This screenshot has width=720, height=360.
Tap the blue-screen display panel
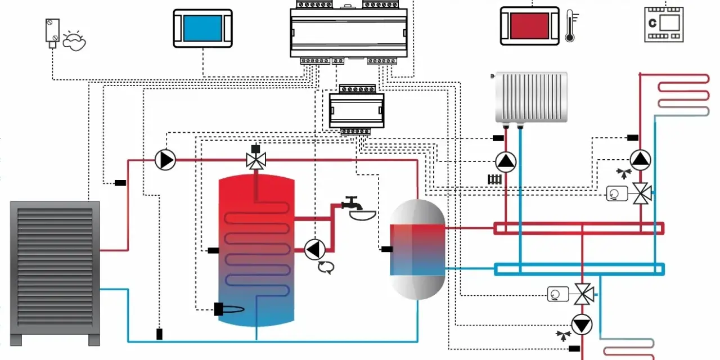point(203,28)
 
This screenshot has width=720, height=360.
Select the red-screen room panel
point(530,26)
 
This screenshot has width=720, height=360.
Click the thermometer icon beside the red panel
point(571,26)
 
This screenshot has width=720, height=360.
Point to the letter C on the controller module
point(652,23)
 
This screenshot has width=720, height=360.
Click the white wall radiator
point(531,98)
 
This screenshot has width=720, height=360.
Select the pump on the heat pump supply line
point(165,160)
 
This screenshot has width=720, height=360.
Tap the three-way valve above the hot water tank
point(256,157)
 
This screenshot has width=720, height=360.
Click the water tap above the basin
point(353,203)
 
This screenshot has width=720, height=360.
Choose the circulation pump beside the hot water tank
point(314,249)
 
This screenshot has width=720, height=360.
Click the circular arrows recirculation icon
point(326,267)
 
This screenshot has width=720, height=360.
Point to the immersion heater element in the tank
point(229,309)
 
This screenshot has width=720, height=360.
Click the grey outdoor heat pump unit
point(55,273)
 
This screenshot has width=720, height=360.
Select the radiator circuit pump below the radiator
point(506,162)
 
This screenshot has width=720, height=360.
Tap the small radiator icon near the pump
point(494,179)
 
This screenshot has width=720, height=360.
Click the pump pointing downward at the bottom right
point(582,325)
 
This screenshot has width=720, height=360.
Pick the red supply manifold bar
point(579,228)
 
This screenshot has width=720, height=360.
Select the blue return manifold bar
point(579,269)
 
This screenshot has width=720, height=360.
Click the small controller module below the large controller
point(357,109)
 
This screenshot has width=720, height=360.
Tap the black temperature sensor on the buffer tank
point(387,249)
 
